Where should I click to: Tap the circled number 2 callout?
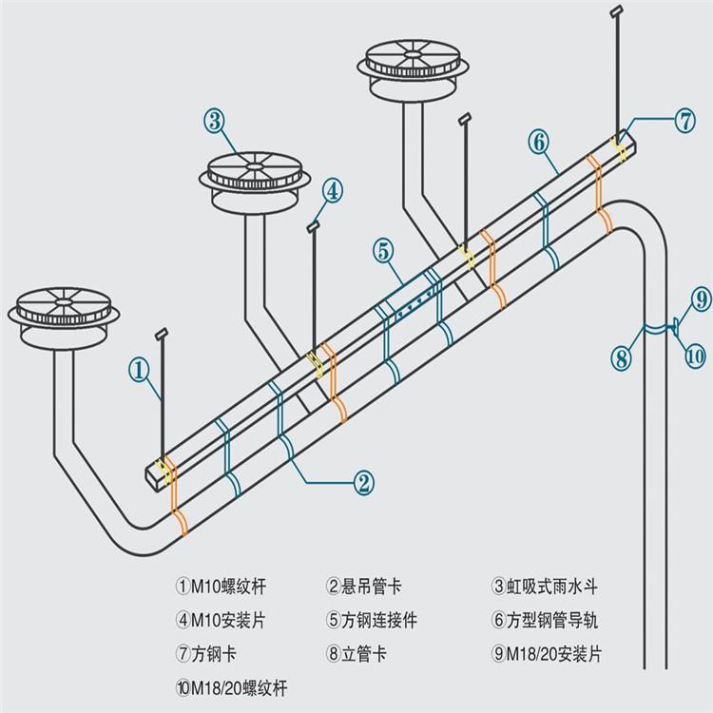[x=363, y=482]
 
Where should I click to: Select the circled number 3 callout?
[x=213, y=121]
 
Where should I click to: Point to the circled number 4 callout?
[x=331, y=191]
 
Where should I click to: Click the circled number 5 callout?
[x=383, y=252]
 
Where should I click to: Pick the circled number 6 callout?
[x=538, y=143]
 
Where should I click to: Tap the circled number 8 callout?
[x=620, y=358]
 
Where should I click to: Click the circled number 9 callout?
[x=700, y=300]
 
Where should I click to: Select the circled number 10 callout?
[x=695, y=356]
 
